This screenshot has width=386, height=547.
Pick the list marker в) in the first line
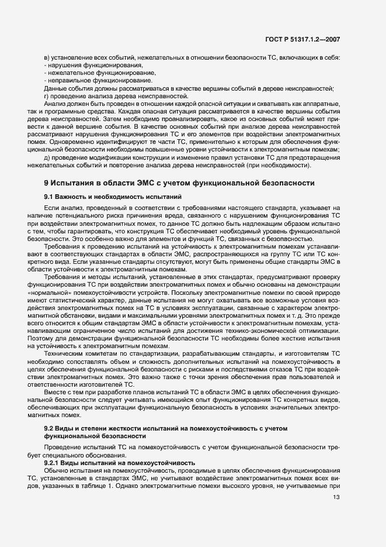pos(47,57)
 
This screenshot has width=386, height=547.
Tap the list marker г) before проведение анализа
pos(47,95)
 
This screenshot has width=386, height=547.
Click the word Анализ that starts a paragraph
pos(55,103)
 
